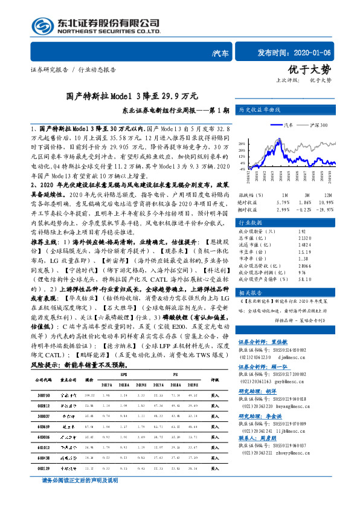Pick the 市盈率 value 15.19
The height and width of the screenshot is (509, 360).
tap(305, 251)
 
